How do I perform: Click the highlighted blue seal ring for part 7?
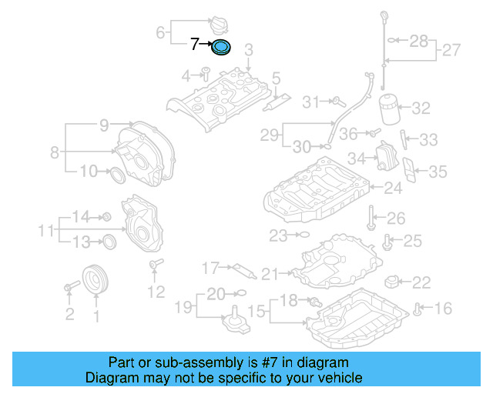click(221, 48)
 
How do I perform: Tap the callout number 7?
click(195, 45)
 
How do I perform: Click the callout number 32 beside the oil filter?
click(421, 109)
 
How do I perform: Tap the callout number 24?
click(393, 187)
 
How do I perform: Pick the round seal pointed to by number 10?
click(118, 175)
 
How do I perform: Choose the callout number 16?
click(444, 309)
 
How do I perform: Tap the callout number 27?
click(451, 51)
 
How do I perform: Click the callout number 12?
click(156, 292)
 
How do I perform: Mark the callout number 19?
click(181, 309)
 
